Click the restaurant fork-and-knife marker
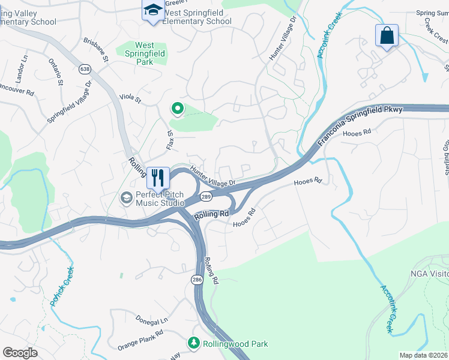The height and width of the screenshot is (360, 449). click(x=157, y=178)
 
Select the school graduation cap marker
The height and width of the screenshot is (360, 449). click(x=152, y=10)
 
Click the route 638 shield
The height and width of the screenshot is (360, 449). click(x=85, y=70)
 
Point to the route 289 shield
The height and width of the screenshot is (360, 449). click(x=206, y=197)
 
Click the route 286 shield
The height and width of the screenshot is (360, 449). click(x=197, y=279)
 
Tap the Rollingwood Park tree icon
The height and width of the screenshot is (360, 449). click(x=194, y=343)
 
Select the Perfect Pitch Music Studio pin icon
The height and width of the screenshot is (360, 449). click(x=127, y=197)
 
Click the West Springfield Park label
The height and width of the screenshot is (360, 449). click(x=144, y=53)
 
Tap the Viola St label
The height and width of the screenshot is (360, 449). click(x=130, y=98)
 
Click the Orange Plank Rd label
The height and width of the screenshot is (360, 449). click(x=140, y=340)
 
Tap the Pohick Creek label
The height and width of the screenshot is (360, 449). click(x=62, y=287)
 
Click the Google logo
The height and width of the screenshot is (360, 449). click(x=20, y=353)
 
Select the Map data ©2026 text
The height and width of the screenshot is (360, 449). click(x=424, y=355)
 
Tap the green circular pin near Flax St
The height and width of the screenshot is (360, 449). click(x=177, y=109)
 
